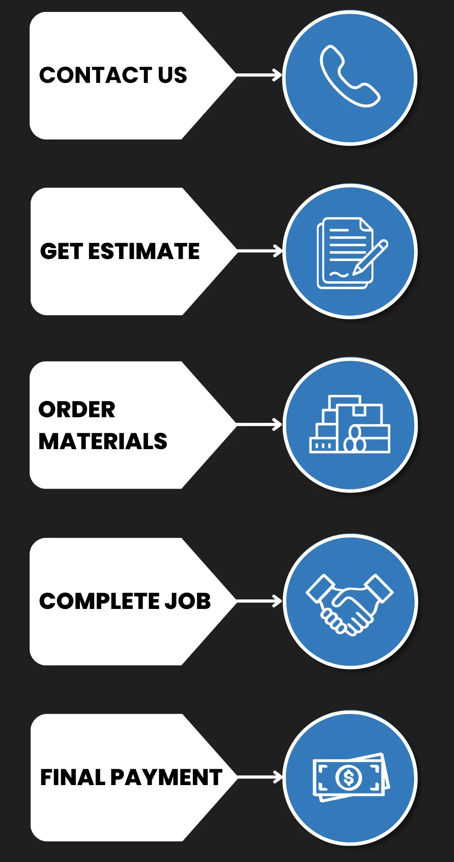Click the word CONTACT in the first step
[96, 75]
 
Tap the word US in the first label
[172, 75]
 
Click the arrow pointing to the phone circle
[259, 75]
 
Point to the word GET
[61, 251]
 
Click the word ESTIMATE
[144, 251]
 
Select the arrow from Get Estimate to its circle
[259, 251]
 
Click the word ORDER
[77, 410]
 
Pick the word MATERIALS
[103, 442]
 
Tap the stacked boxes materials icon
[350, 424]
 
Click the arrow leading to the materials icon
[259, 425]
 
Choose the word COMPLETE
[98, 601]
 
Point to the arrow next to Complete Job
[259, 601]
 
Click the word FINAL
[72, 778]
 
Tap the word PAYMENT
[166, 778]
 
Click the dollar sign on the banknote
[349, 778]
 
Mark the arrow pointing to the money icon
[259, 777]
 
